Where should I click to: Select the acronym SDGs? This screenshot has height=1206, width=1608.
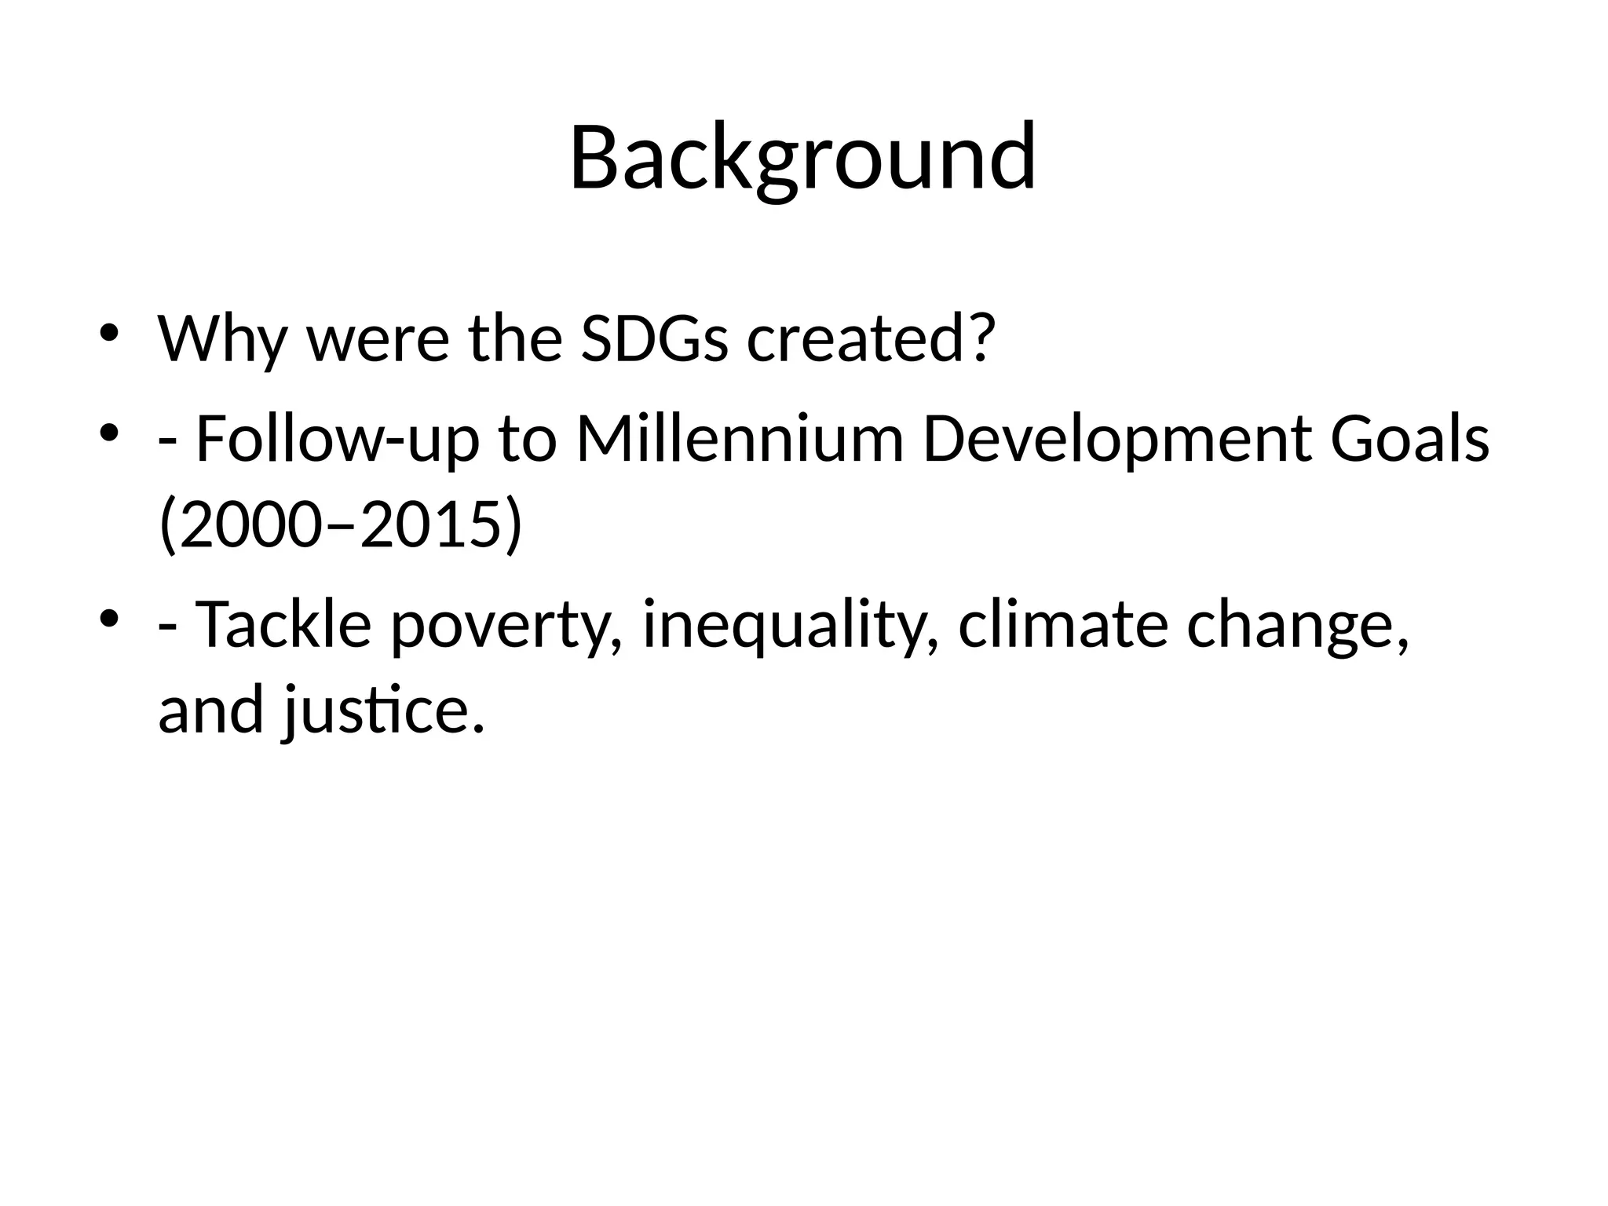[x=654, y=338]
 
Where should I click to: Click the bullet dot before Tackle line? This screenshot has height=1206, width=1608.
[x=109, y=618]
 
